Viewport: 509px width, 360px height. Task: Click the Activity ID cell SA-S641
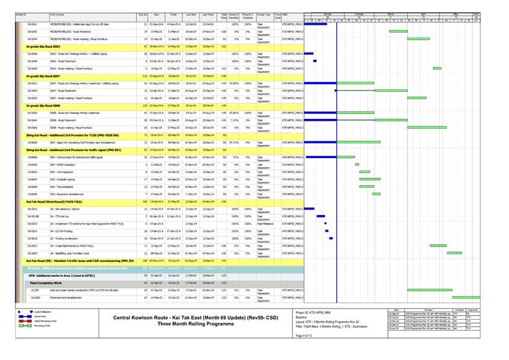click(x=32, y=24)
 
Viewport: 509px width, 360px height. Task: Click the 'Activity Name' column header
click(x=58, y=14)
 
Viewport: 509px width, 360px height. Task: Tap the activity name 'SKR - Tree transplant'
click(x=65, y=187)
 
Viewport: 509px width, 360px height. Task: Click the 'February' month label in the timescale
click(x=359, y=14)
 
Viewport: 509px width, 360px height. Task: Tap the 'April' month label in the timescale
click(x=424, y=14)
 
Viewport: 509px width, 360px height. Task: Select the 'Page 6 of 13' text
click(x=304, y=335)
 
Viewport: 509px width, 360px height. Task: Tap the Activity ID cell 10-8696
click(x=33, y=194)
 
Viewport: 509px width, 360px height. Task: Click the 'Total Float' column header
click(x=224, y=14)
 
